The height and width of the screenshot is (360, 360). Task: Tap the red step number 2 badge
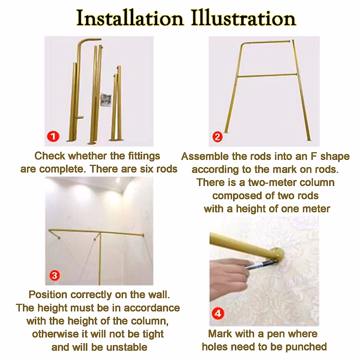(217, 137)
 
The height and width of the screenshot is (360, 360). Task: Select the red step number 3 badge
(55, 275)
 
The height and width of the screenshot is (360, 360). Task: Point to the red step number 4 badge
(218, 314)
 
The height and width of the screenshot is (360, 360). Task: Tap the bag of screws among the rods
(106, 100)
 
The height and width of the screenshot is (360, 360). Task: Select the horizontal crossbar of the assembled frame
(267, 76)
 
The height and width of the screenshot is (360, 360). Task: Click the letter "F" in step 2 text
(314, 156)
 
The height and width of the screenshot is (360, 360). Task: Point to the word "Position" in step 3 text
(48, 295)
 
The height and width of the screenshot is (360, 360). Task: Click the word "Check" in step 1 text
(50, 156)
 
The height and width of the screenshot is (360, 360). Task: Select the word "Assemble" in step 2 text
(205, 156)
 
